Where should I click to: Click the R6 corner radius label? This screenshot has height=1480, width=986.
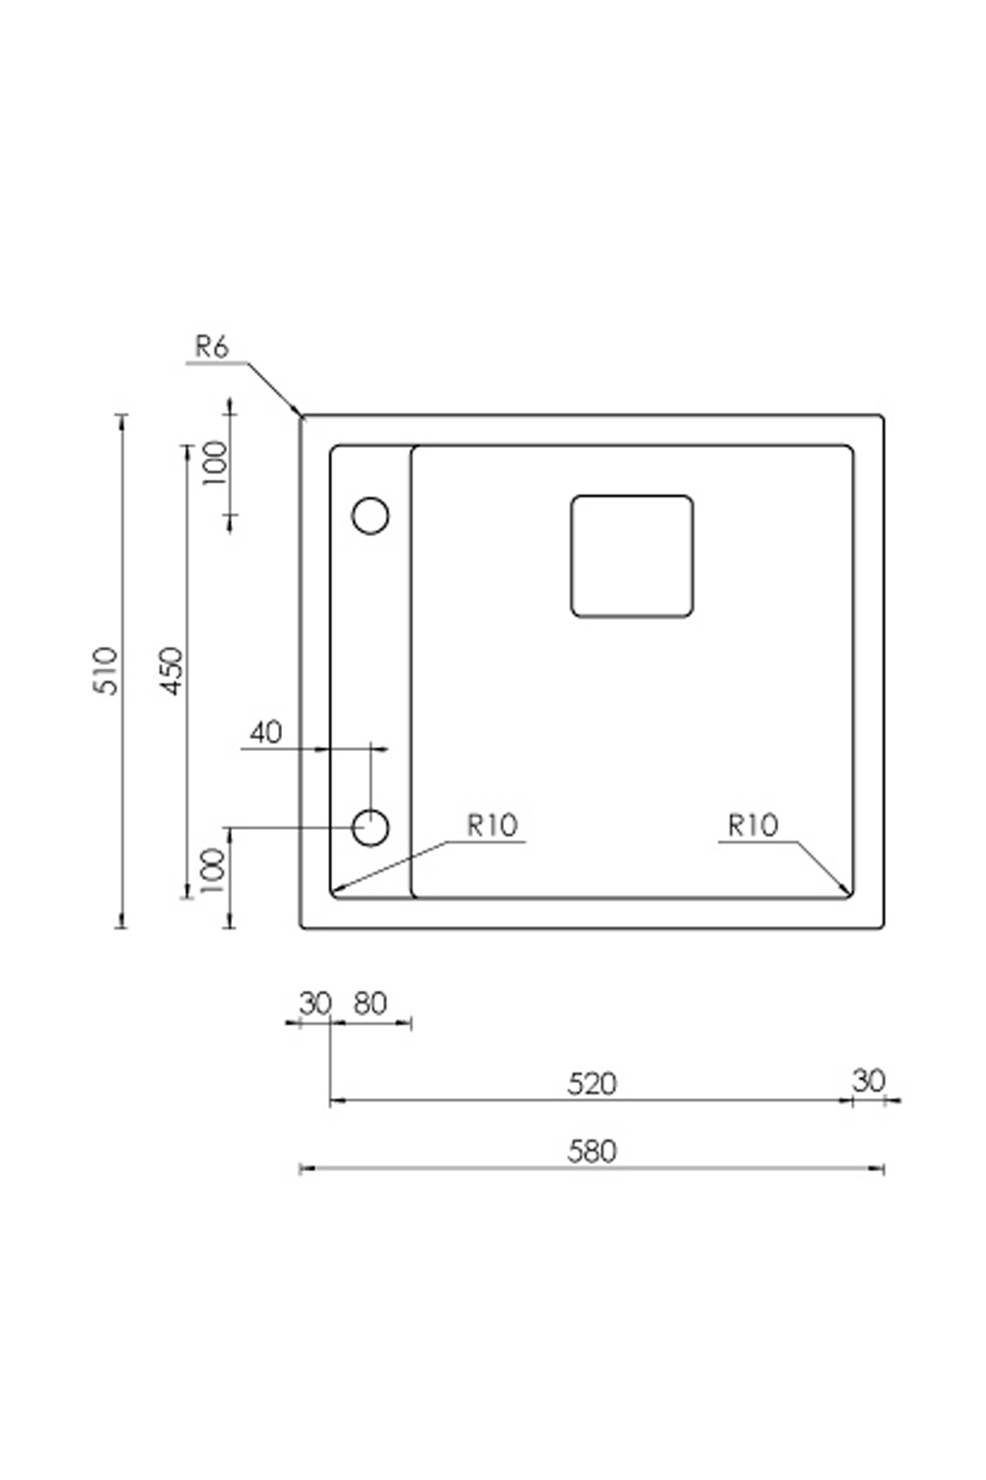pos(211,347)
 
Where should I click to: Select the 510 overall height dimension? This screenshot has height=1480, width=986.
pos(106,671)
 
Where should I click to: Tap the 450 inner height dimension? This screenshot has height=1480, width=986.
pos(172,671)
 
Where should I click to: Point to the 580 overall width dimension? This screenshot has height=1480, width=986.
pos(592,1151)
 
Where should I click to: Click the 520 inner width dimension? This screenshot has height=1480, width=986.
pos(592,1083)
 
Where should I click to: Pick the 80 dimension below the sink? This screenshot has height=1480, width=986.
pos(370,1003)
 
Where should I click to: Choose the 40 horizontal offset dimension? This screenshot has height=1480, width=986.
pos(265,732)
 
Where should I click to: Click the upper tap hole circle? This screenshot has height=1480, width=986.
pos(371,515)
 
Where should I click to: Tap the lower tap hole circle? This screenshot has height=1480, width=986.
pos(371,828)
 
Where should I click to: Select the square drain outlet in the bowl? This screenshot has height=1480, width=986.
pos(632,556)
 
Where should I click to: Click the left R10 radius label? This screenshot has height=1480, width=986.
pos(492,825)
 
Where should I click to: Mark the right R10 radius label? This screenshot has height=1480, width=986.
pos(752,825)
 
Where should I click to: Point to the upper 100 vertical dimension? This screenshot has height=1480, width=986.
pos(214,462)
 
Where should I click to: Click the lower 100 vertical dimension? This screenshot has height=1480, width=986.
pos(213,870)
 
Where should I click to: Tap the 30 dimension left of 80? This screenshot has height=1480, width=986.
pos(315,1003)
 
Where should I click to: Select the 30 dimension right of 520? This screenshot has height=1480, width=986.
pos(869,1080)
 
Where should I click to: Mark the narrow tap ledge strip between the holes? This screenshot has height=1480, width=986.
pos(371,671)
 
